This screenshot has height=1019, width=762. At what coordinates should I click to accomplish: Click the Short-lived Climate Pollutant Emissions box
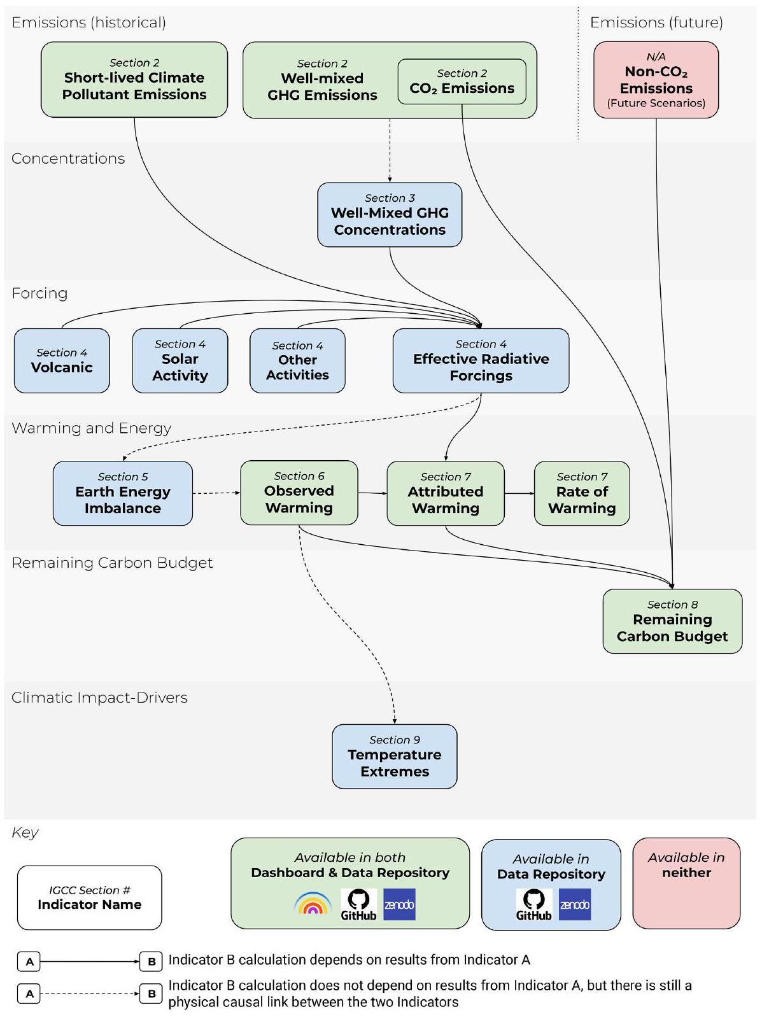(x=134, y=80)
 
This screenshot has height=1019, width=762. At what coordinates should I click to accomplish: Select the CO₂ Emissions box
(x=462, y=81)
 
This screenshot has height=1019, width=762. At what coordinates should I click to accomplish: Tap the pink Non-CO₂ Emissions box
(x=656, y=80)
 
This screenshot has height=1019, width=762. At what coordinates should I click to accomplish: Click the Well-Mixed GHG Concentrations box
(x=390, y=214)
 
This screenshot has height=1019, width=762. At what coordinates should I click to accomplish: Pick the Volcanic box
(x=62, y=360)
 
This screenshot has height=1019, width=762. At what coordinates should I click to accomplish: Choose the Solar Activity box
(x=180, y=360)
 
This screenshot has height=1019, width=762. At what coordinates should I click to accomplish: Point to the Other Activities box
(x=297, y=360)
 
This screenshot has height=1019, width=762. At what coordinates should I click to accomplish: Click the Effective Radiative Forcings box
(x=481, y=360)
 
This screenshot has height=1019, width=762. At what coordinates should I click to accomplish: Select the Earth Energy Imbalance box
(x=123, y=493)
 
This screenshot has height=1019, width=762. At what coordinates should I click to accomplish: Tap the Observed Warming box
(x=299, y=493)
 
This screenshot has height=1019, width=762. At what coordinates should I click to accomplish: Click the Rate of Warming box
(x=582, y=493)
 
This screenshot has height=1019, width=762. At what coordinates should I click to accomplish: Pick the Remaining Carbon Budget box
(x=672, y=621)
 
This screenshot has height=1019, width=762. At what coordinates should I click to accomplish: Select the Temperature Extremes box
(x=395, y=756)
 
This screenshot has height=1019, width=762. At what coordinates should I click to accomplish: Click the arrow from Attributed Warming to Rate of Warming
(x=519, y=493)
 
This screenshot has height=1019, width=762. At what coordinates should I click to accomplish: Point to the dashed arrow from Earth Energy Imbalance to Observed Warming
(x=216, y=493)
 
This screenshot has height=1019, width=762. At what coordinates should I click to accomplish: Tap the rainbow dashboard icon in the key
(x=313, y=904)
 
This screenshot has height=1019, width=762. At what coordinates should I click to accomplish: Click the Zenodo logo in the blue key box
(x=575, y=904)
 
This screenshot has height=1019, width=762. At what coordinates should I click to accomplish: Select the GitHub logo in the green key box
(x=358, y=904)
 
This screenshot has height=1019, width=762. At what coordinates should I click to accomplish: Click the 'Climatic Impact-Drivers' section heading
(x=99, y=698)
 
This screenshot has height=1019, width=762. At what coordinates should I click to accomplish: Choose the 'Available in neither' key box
(x=686, y=883)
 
